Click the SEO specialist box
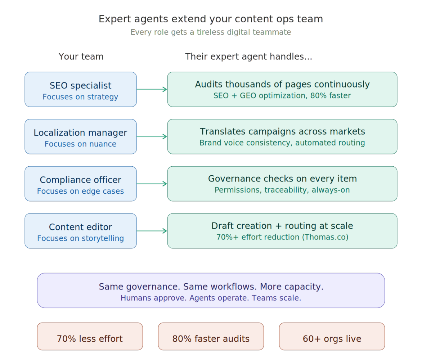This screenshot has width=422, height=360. point(80,89)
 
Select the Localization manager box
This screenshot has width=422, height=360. point(80,136)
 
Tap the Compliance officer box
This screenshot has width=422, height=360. point(80,184)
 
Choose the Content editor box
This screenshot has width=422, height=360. point(80,231)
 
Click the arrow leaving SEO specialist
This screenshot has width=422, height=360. point(152,89)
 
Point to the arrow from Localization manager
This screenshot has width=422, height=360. point(152,136)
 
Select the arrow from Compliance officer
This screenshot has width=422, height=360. point(152,184)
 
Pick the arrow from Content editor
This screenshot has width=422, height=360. point(152,231)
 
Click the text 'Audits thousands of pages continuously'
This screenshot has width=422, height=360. point(282,85)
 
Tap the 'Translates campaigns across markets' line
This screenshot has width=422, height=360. point(282,132)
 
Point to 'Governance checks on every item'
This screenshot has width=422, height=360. point(282,179)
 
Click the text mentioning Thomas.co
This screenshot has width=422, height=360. point(282,237)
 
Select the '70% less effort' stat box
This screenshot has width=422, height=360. point(90,337)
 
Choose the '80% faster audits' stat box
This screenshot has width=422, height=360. point(211,337)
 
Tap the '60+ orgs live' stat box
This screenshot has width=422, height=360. point(332,337)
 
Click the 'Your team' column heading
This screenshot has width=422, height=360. point(81,57)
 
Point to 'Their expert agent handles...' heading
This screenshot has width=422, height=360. point(248,57)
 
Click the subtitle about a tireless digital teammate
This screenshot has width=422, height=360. point(211,32)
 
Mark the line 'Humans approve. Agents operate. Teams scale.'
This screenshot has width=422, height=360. point(211,298)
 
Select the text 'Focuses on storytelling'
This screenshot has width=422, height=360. point(80,238)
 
